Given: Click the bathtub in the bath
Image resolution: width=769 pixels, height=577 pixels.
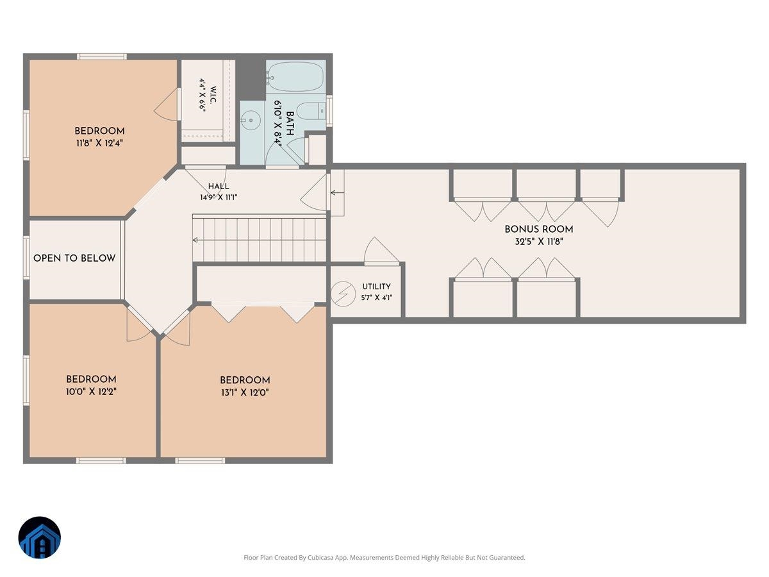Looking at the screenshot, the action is (295, 76).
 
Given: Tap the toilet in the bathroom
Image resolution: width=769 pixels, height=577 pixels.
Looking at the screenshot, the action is (311, 111).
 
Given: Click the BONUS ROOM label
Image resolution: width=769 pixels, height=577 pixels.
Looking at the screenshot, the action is (539, 229).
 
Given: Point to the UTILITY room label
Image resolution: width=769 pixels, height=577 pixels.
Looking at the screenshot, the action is (376, 286).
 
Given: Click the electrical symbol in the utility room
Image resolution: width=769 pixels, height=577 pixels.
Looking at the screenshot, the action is (343, 294).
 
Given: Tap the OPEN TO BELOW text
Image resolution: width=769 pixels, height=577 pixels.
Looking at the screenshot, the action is (74, 258).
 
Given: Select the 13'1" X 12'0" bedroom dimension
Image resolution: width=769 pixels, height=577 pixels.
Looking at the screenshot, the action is (245, 392).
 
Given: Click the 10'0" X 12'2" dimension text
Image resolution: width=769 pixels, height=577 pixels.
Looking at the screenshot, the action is (91, 391).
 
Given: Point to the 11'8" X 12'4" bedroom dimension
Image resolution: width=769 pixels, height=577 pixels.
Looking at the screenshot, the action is (99, 143).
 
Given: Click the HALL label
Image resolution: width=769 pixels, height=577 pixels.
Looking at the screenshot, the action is (219, 187).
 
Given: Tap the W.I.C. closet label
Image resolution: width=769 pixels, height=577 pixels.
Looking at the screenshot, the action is (213, 95).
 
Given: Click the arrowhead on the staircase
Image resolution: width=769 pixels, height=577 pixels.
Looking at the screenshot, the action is (195, 240).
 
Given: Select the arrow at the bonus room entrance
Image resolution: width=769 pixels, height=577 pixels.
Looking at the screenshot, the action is (337, 193).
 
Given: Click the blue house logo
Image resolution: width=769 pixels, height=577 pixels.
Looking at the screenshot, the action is (40, 537).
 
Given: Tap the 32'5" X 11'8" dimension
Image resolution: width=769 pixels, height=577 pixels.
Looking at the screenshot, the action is (539, 242).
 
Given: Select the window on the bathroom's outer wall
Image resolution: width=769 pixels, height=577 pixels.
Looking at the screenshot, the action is (329, 111).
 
